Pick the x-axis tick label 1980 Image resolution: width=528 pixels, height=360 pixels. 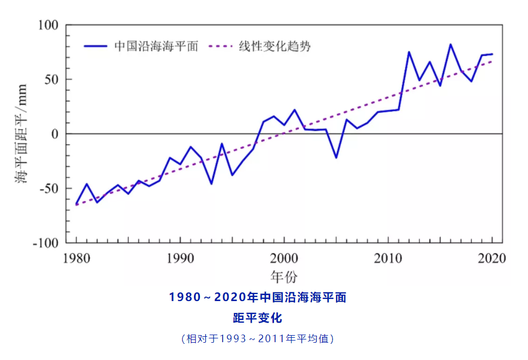click(76, 258)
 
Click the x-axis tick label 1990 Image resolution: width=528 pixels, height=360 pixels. click(180, 258)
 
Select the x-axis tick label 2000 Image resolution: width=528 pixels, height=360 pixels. click(284, 258)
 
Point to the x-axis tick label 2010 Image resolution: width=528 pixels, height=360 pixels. click(388, 258)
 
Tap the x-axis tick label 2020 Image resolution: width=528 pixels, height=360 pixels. click(492, 258)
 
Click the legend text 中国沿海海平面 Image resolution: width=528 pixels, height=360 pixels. click(157, 46)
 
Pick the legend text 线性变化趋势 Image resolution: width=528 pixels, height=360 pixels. click(275, 46)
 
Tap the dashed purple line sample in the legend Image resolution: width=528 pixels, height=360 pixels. click(222, 46)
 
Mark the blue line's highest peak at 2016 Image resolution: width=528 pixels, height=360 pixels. click(450, 44)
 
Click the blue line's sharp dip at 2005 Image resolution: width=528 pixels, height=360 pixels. click(336, 157)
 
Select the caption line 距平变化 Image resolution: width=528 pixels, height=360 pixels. click(257, 318)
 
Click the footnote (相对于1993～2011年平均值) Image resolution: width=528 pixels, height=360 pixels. click(257, 339)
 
